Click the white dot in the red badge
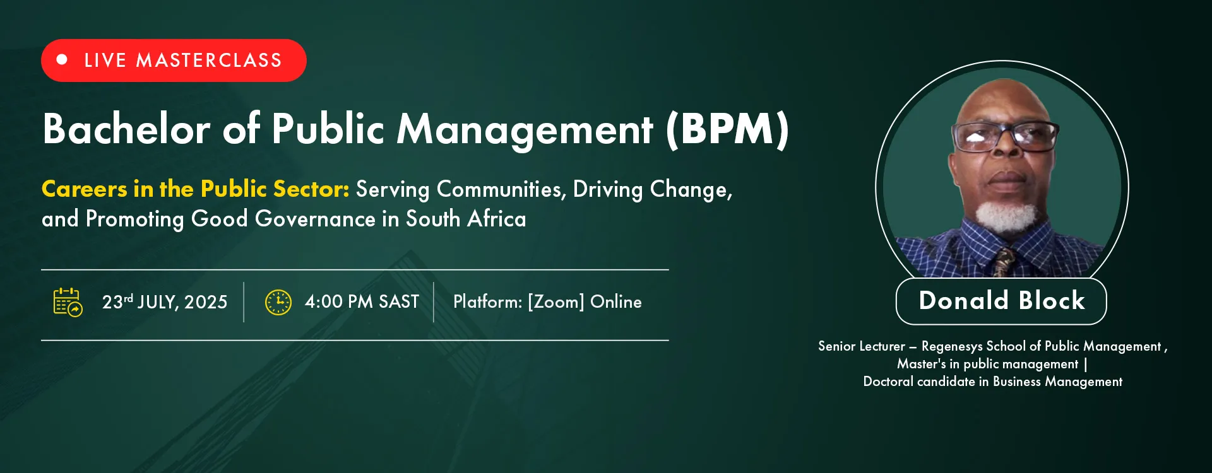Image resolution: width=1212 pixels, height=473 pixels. tap(62, 60)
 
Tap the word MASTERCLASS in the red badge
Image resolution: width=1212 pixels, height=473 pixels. tap(209, 61)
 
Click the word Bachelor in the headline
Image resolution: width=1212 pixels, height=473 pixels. tap(126, 129)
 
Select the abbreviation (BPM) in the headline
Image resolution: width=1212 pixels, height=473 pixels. tap(727, 130)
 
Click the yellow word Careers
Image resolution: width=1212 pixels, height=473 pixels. tap(85, 189)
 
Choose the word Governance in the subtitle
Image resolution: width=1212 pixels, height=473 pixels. tap(315, 219)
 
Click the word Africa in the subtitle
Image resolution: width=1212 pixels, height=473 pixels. tap(497, 219)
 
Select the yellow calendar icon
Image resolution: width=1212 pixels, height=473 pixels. tap(68, 302)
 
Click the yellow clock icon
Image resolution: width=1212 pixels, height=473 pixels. tap(278, 302)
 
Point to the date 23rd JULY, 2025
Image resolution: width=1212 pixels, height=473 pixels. tap(165, 302)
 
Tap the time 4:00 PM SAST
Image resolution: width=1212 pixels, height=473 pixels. tap(362, 301)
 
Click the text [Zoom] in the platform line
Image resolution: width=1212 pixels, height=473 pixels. tap(556, 302)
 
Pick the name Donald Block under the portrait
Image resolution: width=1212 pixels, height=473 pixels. tap(1002, 301)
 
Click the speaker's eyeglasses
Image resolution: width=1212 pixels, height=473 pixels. tap(1004, 136)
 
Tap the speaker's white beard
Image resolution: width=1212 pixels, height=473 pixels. tap(1006, 216)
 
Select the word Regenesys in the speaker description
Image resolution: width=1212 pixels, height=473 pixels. tap(951, 347)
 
